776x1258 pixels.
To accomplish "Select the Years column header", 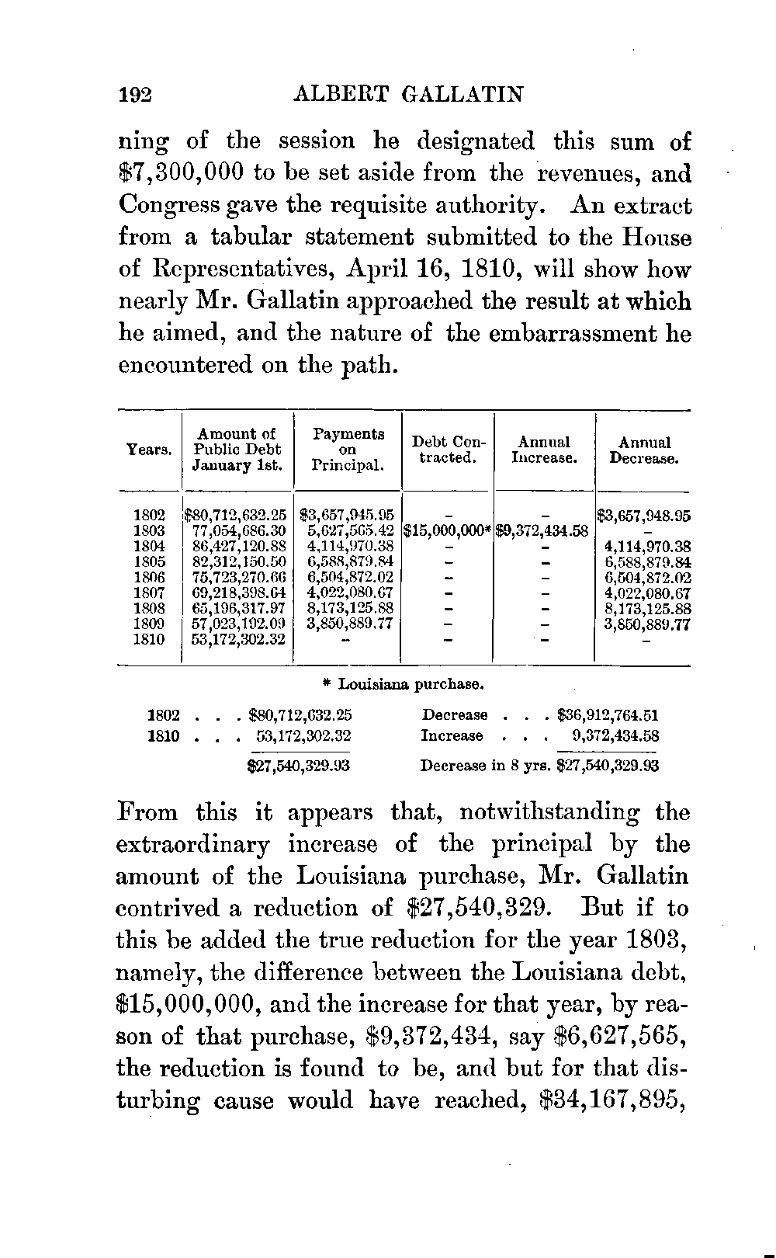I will point(148,450).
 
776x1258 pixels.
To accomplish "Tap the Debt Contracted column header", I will point(448,450).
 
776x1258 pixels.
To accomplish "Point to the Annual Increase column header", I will point(544,450).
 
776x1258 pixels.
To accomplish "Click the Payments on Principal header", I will point(348,450).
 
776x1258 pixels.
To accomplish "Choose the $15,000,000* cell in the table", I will point(448,530).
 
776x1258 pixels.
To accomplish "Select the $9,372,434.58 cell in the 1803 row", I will point(544,530).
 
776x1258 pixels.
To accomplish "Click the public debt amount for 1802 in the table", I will point(236,514).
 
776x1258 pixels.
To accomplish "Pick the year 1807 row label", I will point(149,593).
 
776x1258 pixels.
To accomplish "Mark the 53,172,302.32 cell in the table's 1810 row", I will point(239,640).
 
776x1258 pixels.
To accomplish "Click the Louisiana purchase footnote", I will point(404,685).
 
